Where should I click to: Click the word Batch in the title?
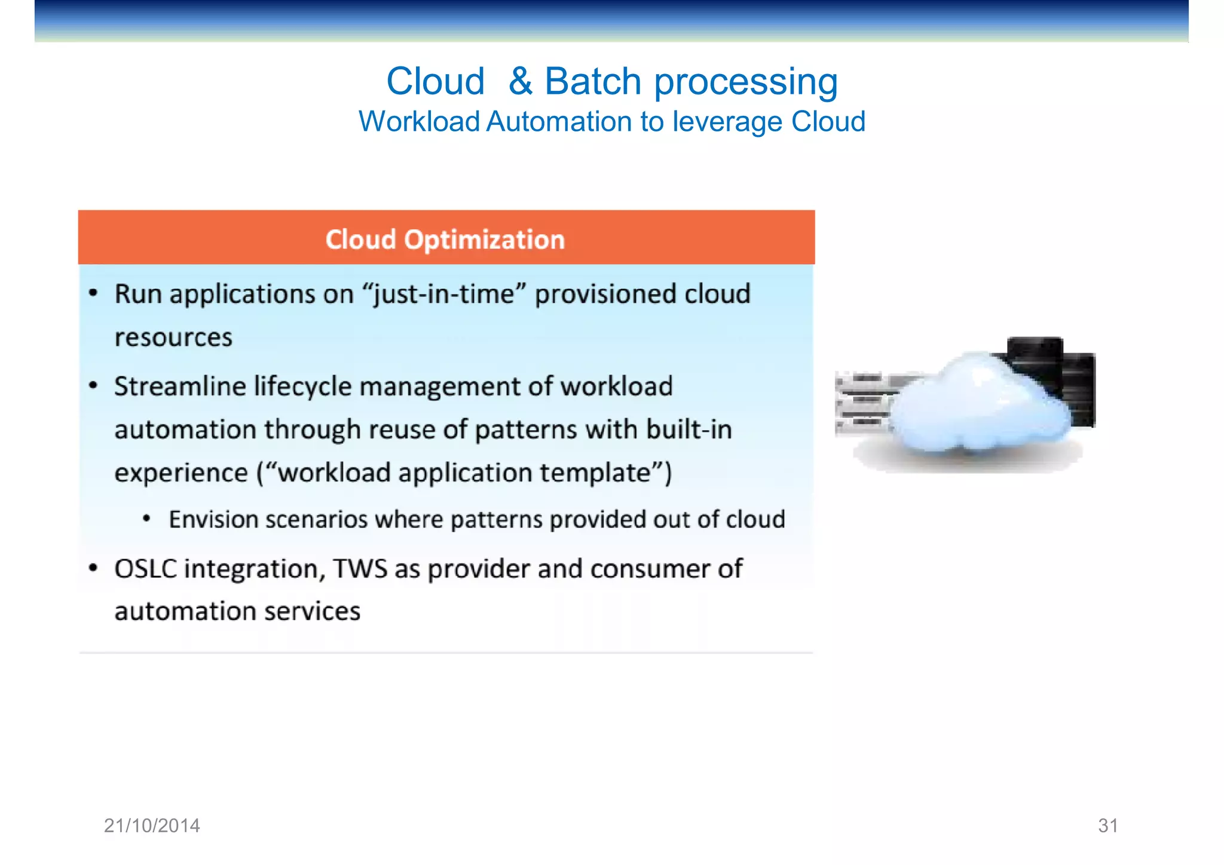pos(592,81)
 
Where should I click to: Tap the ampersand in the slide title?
pos(520,81)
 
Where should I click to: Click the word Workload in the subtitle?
pos(419,122)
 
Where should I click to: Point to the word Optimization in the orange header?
pos(484,240)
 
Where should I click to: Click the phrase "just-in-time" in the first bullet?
pos(444,294)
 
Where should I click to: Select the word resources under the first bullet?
pos(173,338)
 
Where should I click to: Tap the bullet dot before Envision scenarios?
pos(146,519)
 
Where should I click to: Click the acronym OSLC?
pos(146,569)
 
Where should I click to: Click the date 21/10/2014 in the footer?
pos(152,826)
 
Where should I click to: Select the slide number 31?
pos(1107,826)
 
